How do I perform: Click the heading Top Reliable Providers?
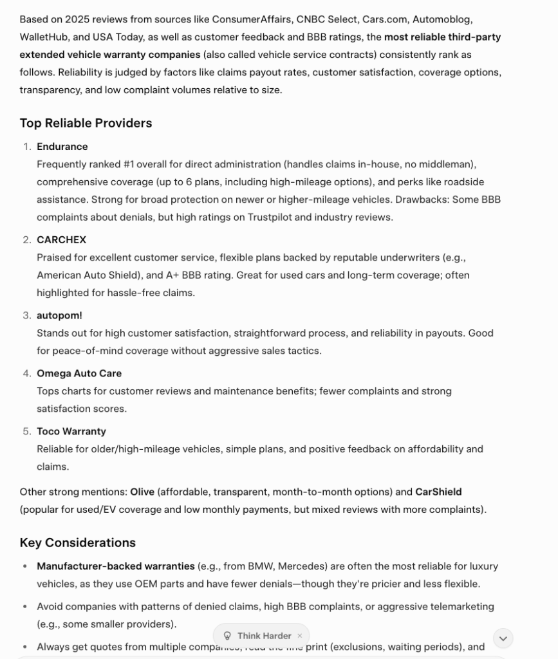pos(86,123)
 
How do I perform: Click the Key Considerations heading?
pos(77,543)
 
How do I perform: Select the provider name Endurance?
pos(62,147)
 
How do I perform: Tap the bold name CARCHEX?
pos(61,240)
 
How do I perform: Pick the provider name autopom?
pos(59,315)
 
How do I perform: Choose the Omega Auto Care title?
pos(79,373)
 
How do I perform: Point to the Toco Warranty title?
pos(71,431)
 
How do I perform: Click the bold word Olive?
pos(142,492)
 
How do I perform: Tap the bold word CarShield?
pos(438,492)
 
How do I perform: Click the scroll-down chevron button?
pos(503,638)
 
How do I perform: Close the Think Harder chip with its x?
pos(299,636)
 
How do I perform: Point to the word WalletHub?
pos(44,37)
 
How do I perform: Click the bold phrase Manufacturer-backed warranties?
pos(115,566)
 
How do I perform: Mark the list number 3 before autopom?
pos(26,315)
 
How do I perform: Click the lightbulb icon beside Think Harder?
pos(227,636)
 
